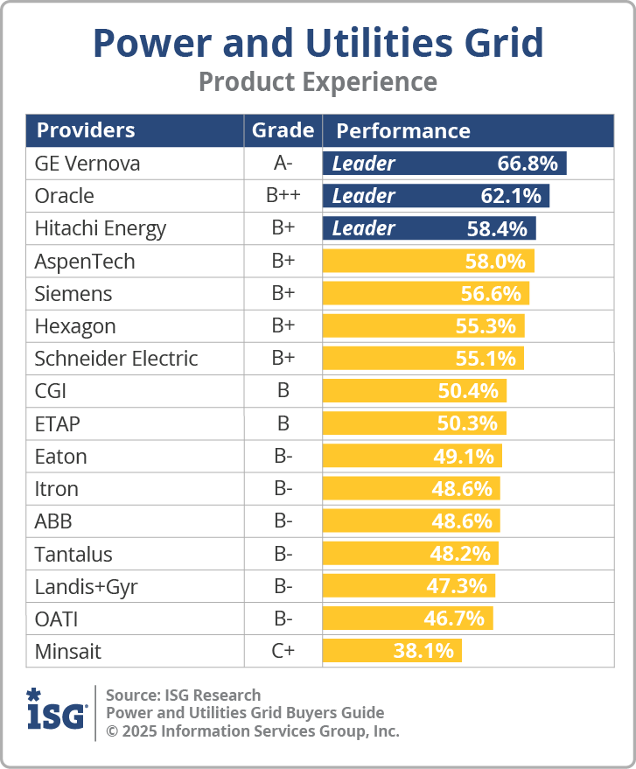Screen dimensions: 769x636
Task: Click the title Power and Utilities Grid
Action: click(x=318, y=42)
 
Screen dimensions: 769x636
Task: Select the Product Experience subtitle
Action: click(x=318, y=82)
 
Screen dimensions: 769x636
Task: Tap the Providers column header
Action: click(x=86, y=130)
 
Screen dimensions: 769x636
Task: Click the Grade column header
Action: click(x=283, y=130)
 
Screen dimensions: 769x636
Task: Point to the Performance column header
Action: click(x=403, y=131)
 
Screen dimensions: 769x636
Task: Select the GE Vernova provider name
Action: click(x=87, y=164)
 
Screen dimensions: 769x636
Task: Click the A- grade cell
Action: click(x=283, y=164)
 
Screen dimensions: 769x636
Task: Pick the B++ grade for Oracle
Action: click(x=283, y=196)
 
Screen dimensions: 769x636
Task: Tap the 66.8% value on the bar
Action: click(x=528, y=164)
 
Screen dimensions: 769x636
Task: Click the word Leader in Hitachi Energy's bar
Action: click(x=364, y=228)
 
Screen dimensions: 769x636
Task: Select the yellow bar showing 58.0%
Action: click(x=428, y=261)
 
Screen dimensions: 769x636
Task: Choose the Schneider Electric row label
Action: click(x=116, y=359)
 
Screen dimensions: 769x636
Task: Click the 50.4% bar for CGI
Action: click(x=414, y=391)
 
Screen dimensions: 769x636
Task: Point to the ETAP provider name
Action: click(x=58, y=423)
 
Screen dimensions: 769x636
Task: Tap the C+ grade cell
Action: click(x=283, y=651)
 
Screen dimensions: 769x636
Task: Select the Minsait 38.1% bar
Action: click(x=391, y=651)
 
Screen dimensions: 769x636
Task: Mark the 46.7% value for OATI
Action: click(x=454, y=619)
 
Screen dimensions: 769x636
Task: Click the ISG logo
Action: click(x=57, y=710)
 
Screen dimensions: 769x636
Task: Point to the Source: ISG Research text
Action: click(x=183, y=696)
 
